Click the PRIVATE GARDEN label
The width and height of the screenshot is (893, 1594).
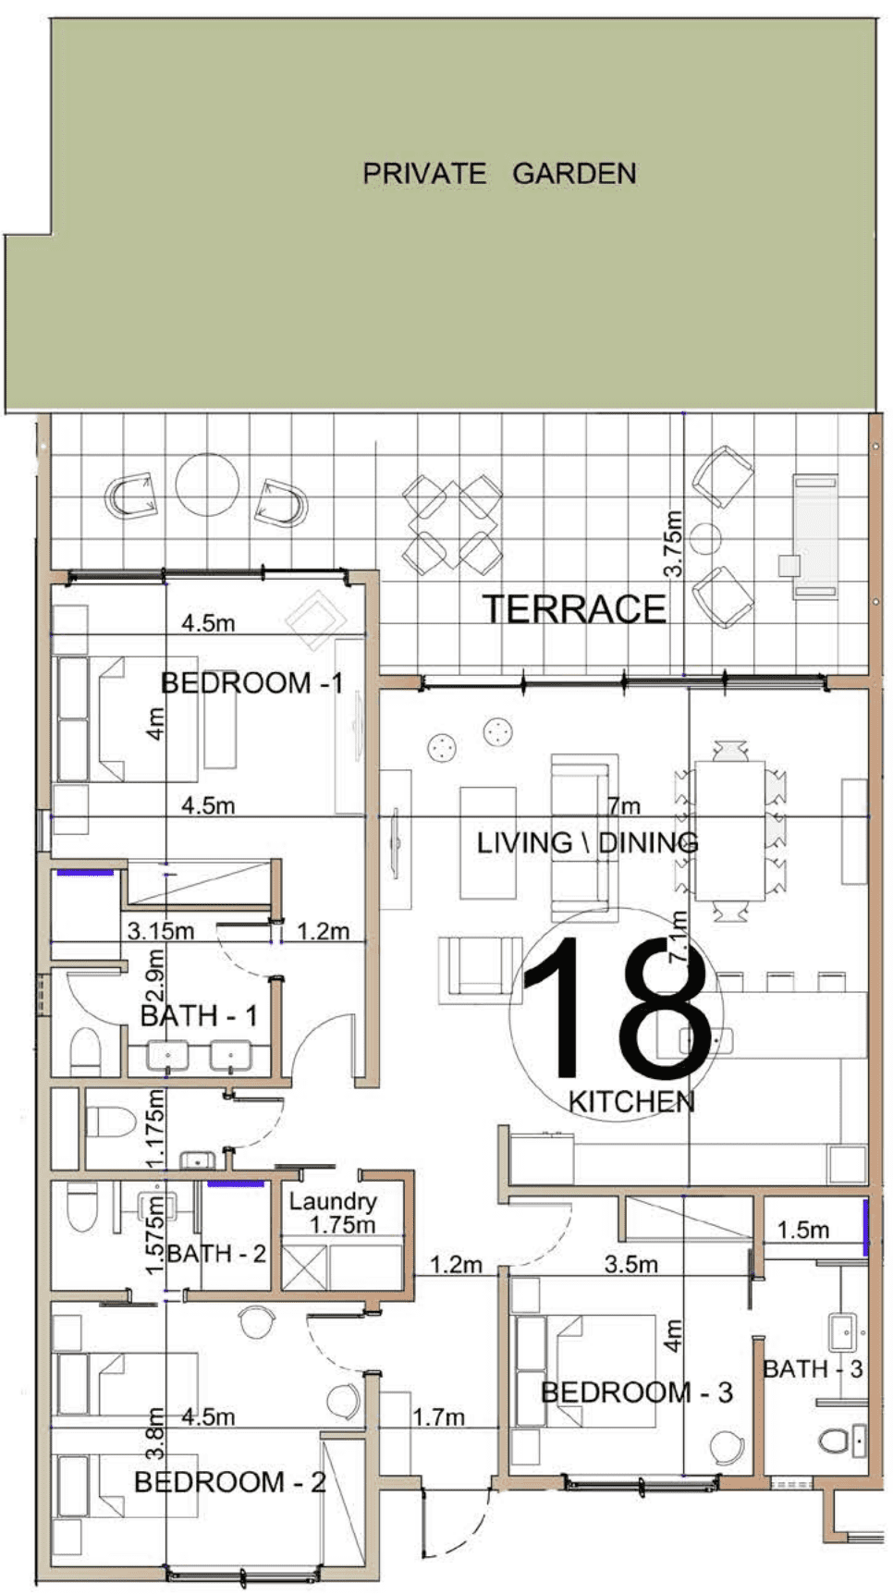(x=499, y=174)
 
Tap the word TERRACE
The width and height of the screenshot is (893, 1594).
(x=574, y=609)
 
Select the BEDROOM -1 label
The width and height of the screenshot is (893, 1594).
(x=252, y=683)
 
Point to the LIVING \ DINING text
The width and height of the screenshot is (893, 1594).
(x=588, y=842)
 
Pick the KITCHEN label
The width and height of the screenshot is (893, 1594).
(x=631, y=1101)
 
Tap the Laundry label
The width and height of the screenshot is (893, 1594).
(x=333, y=1202)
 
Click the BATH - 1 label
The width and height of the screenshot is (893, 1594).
(x=199, y=1016)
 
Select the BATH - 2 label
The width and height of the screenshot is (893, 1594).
(x=216, y=1254)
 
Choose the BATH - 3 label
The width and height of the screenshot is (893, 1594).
(x=813, y=1368)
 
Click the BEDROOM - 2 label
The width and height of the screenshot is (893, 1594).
(x=230, y=1482)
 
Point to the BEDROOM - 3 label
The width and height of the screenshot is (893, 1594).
(x=637, y=1392)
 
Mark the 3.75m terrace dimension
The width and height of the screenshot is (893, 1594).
(x=674, y=544)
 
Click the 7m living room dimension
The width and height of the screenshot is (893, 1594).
(x=625, y=805)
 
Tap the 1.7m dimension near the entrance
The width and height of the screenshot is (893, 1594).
(x=438, y=1416)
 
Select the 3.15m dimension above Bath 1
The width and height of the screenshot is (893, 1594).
(x=161, y=931)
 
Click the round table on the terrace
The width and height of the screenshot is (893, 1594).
(x=208, y=484)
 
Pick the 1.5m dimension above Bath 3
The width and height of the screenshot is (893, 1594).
(x=802, y=1230)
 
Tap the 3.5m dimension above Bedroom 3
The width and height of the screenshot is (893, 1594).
(x=631, y=1264)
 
